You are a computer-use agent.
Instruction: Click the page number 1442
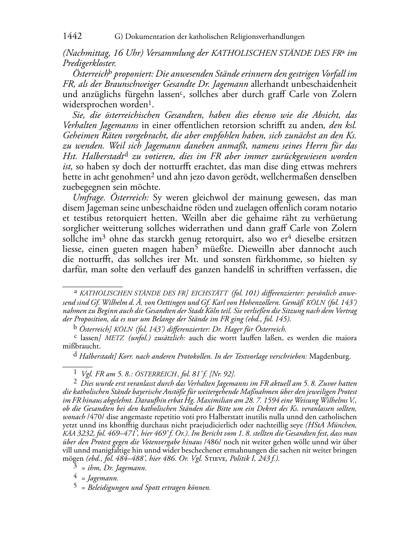pos(72,37)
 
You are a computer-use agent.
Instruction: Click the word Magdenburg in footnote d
pos(330,357)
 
